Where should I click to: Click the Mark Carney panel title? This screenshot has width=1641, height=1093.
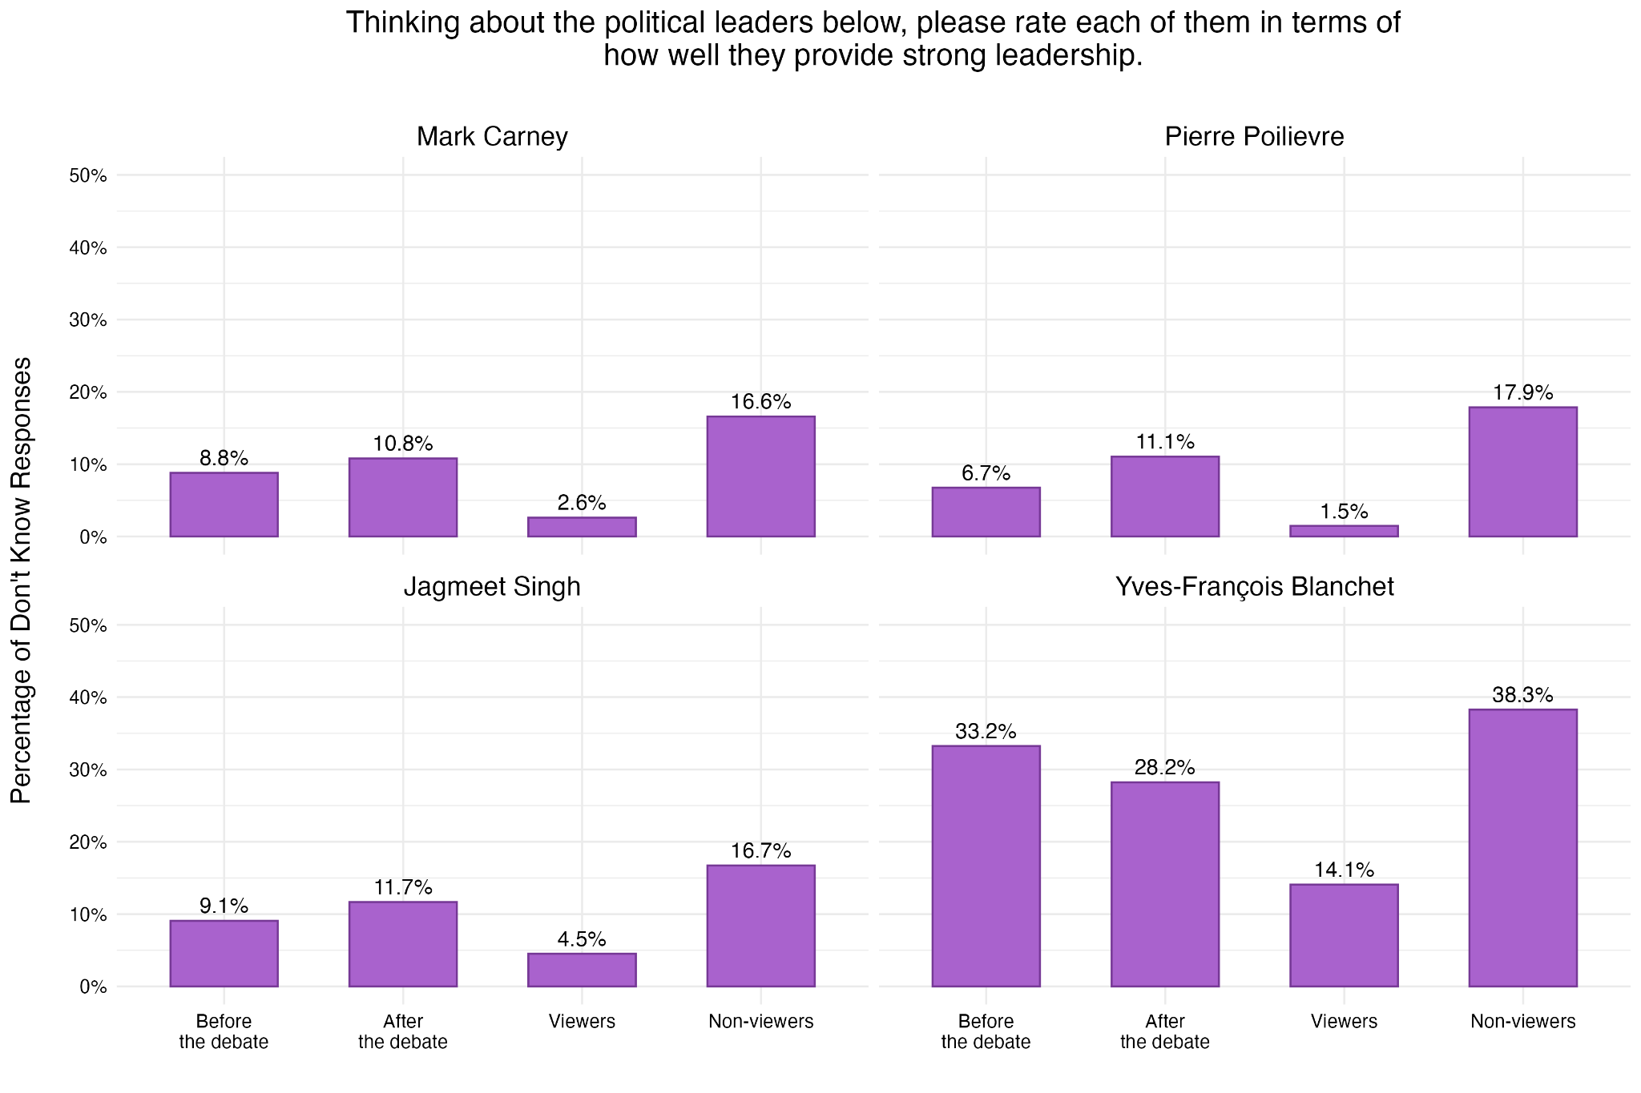click(x=492, y=137)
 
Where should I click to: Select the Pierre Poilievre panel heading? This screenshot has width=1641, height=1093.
click(x=1254, y=137)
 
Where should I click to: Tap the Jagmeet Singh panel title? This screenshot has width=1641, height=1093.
click(x=492, y=587)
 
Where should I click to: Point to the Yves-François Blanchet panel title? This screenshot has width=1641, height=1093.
click(x=1254, y=587)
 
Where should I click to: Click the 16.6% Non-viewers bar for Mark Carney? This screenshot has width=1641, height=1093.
click(x=760, y=476)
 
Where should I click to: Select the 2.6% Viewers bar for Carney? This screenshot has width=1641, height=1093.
click(x=582, y=527)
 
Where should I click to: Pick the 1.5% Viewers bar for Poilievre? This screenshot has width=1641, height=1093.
click(x=1344, y=531)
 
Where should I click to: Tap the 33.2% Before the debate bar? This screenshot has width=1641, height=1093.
click(x=986, y=866)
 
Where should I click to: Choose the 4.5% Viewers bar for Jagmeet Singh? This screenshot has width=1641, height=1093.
click(x=582, y=970)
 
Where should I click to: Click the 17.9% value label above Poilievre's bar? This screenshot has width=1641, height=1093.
click(x=1522, y=393)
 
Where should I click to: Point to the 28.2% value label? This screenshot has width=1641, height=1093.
click(x=1164, y=769)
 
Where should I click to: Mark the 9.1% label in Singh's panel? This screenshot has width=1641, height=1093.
click(x=224, y=906)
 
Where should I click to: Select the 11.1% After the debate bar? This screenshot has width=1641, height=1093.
click(x=1164, y=496)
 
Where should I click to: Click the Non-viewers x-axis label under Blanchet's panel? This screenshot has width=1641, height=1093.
click(x=1522, y=1022)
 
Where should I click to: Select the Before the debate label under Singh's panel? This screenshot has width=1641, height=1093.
click(x=224, y=1031)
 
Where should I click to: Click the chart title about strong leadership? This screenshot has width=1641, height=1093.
click(x=873, y=39)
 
